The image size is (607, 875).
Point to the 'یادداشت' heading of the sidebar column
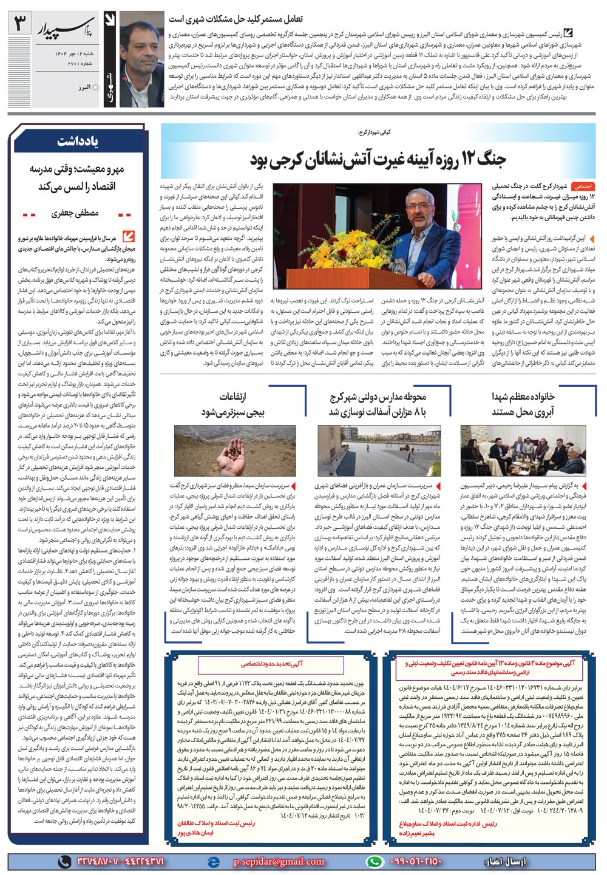click(x=78, y=141)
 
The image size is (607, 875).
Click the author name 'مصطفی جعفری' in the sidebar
click(x=76, y=214)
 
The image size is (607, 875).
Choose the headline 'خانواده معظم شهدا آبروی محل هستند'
click(x=523, y=404)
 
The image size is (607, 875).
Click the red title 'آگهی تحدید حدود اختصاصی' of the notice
click(x=266, y=665)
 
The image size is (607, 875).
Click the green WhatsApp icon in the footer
click(x=376, y=861)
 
